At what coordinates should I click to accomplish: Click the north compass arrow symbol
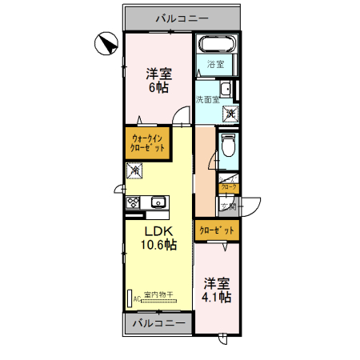click(x=105, y=44)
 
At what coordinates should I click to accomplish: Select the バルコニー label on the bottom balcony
click(x=158, y=324)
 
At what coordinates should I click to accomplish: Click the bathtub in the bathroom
click(x=216, y=45)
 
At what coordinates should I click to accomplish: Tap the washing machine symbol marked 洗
click(x=230, y=114)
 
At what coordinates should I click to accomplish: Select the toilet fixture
click(x=228, y=146)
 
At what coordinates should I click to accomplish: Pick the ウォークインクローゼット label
click(x=148, y=145)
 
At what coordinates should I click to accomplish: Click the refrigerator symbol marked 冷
click(x=134, y=170)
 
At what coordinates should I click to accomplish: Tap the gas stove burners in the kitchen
click(x=133, y=202)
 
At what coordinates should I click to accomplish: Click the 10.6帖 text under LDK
click(x=159, y=245)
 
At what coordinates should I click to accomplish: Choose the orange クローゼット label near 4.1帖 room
click(x=217, y=230)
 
